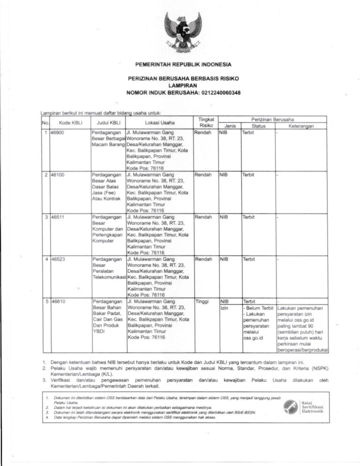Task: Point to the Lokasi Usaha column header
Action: pos(159,123)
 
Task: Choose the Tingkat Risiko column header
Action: pos(206,123)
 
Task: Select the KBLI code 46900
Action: pos(59,133)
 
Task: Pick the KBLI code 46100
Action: pos(59,174)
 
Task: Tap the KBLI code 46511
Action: pos(59,217)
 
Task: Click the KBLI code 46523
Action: pos(59,259)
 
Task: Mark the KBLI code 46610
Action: pos(59,301)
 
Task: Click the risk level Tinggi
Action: pos(202,301)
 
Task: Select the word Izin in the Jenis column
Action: pos(225,308)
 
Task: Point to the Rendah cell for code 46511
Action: pos(203,217)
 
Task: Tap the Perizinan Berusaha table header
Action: pos(272,120)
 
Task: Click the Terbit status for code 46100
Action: pos(248,174)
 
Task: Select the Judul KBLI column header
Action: pos(109,123)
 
